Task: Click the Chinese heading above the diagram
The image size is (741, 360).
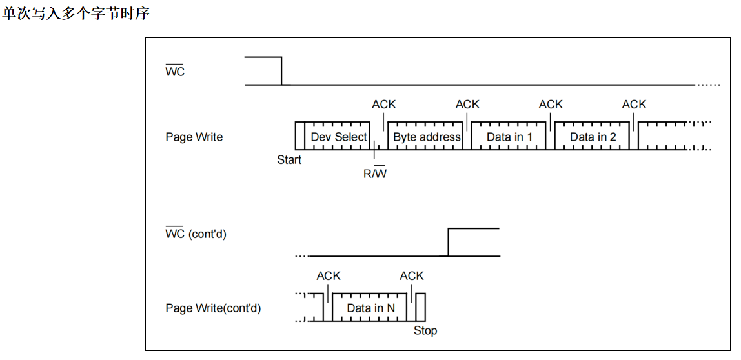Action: [76, 13]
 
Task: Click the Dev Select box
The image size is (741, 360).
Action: [338, 137]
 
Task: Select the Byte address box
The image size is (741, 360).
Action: [427, 137]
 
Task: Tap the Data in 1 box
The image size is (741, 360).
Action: [509, 137]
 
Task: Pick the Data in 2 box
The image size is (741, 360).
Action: [593, 137]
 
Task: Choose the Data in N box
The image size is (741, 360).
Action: [370, 308]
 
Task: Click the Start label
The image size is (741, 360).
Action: [289, 160]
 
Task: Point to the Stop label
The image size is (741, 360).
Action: [425, 331]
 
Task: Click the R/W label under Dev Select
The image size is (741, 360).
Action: [375, 174]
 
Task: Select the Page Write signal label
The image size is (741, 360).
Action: [194, 137]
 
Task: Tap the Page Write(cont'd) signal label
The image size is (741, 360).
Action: [213, 308]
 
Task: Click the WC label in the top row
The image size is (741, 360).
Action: [175, 72]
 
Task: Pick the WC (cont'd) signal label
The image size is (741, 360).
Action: [196, 234]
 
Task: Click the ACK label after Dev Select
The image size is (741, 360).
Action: [384, 105]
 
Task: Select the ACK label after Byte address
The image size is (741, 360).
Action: [467, 105]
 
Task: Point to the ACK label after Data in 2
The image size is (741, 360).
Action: [634, 105]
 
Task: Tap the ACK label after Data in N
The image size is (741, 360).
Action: [412, 275]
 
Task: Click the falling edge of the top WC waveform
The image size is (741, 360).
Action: [282, 71]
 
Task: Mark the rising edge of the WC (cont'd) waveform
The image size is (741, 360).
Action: [449, 242]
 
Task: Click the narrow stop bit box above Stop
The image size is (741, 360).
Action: [421, 307]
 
